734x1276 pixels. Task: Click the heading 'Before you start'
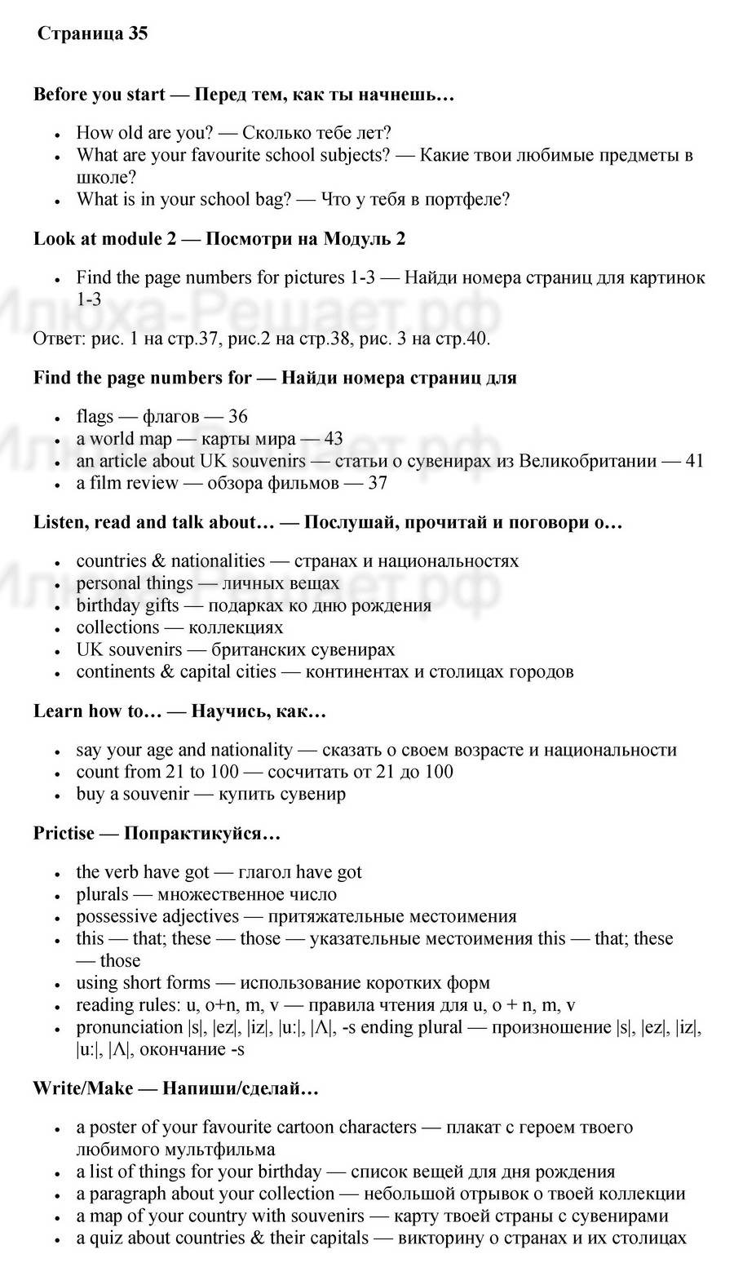(99, 95)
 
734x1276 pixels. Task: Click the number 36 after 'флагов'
(237, 417)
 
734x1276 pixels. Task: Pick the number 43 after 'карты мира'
(333, 439)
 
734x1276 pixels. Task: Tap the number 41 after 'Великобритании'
(694, 461)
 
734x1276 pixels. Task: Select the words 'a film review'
(126, 483)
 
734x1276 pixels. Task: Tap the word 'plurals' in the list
(103, 894)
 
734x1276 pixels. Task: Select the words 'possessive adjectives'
(157, 916)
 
